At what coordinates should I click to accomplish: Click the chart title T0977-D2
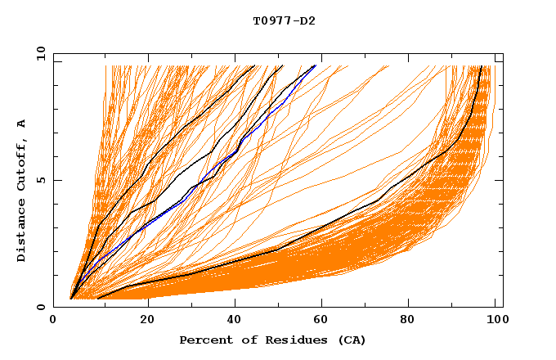284,21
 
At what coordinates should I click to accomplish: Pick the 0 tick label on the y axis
39,307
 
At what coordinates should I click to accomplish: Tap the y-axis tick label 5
39,180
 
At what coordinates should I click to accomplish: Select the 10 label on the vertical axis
38,53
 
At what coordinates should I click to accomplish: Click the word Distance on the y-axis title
22,232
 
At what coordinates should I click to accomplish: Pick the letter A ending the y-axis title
22,123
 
